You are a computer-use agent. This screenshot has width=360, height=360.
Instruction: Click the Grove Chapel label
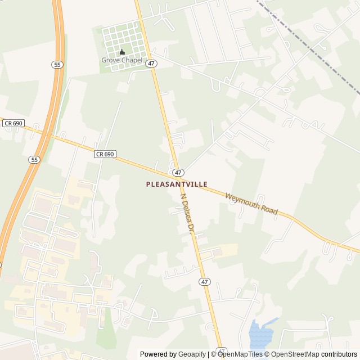point(121,60)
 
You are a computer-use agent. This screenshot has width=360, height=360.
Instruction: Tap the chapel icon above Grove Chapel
point(121,52)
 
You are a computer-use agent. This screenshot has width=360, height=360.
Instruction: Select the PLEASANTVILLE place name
point(177,184)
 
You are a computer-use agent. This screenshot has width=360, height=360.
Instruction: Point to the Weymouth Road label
point(251,203)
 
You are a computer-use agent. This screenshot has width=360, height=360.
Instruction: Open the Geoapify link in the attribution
point(192,354)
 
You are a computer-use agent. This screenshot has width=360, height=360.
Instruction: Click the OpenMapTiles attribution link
point(240,354)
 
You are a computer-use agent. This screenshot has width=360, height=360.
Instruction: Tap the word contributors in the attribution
point(339,354)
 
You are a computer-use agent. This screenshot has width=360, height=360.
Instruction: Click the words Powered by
point(158,354)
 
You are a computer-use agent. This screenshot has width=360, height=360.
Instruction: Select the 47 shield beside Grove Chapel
point(151,64)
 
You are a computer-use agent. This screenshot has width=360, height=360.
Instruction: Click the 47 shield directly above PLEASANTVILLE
point(178,172)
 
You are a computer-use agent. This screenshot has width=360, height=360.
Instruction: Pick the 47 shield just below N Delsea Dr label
point(204,281)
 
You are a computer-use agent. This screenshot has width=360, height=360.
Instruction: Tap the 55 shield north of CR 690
point(57,65)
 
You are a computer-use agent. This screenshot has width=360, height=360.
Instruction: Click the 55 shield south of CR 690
point(35,160)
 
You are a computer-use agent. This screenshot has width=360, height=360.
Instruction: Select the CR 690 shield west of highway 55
point(11,123)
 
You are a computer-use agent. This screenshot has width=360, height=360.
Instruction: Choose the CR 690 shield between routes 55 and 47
point(105,154)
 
